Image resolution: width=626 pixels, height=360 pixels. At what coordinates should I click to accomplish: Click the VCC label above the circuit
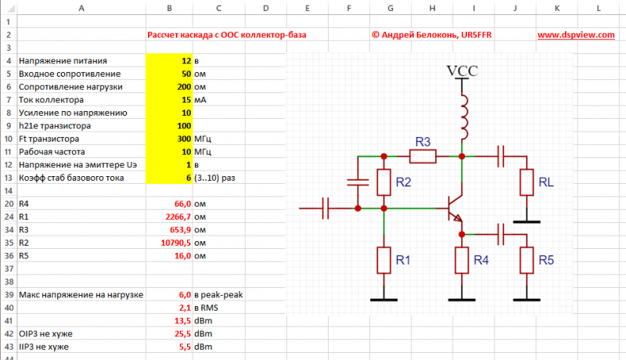[462, 70]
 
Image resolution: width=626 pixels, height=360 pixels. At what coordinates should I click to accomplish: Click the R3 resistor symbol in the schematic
[423, 156]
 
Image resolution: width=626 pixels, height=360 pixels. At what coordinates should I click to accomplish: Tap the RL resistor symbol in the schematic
[528, 182]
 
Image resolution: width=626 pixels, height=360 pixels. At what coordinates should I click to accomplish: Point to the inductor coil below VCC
[462, 114]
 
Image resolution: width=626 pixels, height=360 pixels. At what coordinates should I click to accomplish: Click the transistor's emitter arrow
[457, 221]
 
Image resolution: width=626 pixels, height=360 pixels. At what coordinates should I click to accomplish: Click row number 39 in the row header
[9, 294]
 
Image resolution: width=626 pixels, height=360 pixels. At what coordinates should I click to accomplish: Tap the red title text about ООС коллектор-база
[227, 35]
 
